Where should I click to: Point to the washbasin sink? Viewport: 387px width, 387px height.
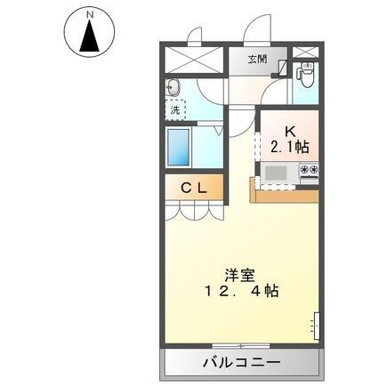pyautogui.click(x=174, y=87)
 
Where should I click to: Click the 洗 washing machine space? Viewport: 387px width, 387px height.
pyautogui.click(x=176, y=109)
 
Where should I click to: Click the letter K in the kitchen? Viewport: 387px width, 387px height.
pyautogui.click(x=289, y=129)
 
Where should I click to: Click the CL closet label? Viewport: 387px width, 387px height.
pyautogui.click(x=194, y=188)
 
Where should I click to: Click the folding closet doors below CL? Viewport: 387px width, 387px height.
pyautogui.click(x=192, y=212)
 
